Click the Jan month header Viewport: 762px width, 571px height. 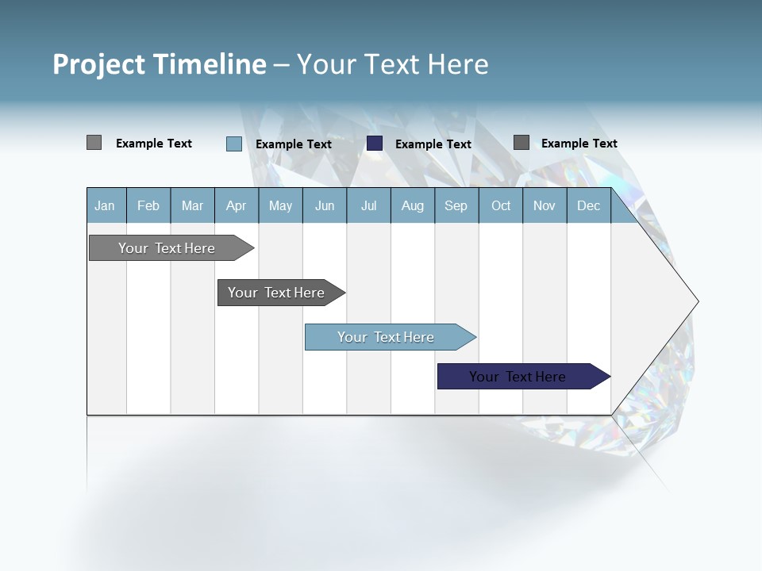[x=105, y=205]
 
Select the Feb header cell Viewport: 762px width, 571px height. [x=148, y=205]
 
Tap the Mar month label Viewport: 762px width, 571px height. [x=192, y=205]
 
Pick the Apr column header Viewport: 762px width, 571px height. [x=237, y=205]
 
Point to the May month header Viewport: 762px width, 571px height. [x=280, y=205]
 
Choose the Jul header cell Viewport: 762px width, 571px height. [x=368, y=205]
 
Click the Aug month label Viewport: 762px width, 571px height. [x=413, y=205]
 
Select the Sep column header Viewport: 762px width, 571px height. [x=456, y=205]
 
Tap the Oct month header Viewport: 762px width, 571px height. [x=501, y=205]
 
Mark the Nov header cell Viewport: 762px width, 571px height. [x=545, y=205]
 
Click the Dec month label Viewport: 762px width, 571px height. [x=589, y=205]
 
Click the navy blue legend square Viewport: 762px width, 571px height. [x=375, y=144]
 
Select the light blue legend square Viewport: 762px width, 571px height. [x=234, y=144]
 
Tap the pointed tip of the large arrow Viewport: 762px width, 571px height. [x=697, y=301]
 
